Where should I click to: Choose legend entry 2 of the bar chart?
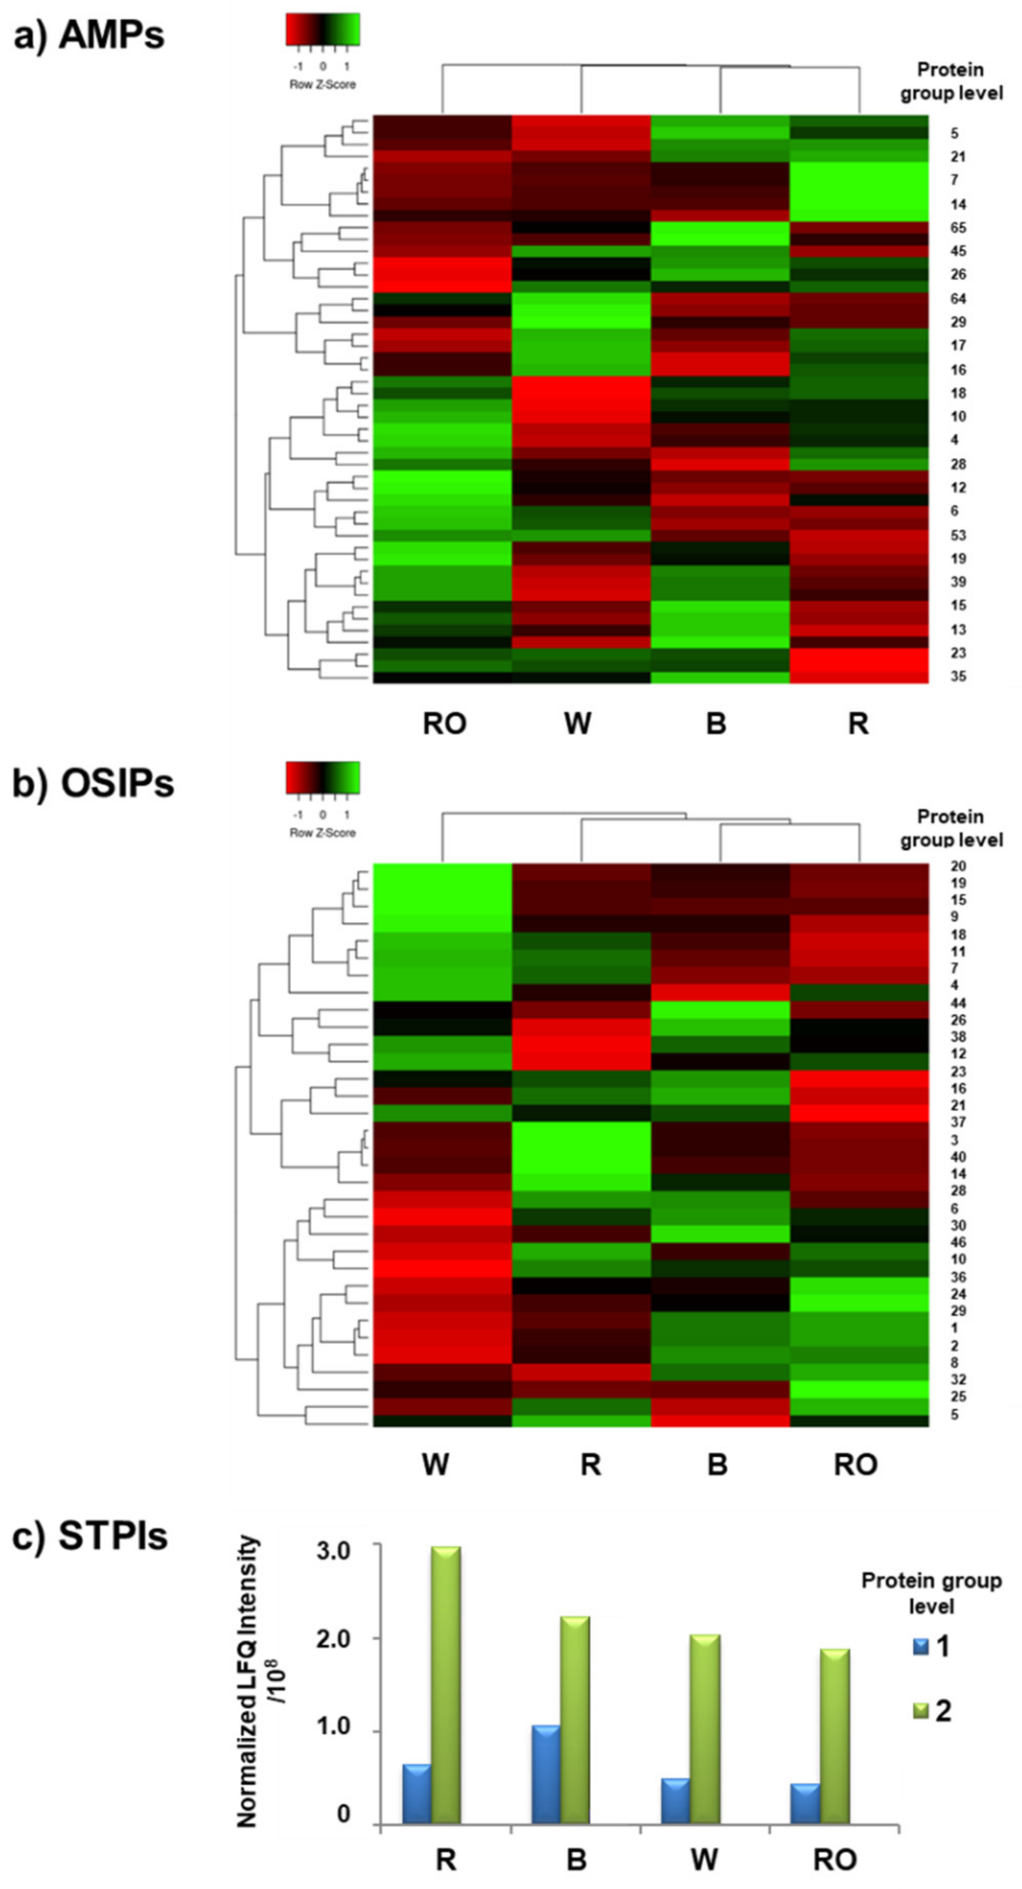pos(922,1711)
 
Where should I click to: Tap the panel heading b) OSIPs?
pos(94,783)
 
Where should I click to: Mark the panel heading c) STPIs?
pos(90,1536)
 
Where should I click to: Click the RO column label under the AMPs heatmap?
pos(444,724)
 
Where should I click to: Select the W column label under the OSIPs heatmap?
pos(436,1464)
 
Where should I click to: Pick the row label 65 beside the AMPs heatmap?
pos(958,228)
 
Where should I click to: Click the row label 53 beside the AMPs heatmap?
pos(958,535)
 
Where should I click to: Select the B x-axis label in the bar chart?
pos(576,1860)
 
